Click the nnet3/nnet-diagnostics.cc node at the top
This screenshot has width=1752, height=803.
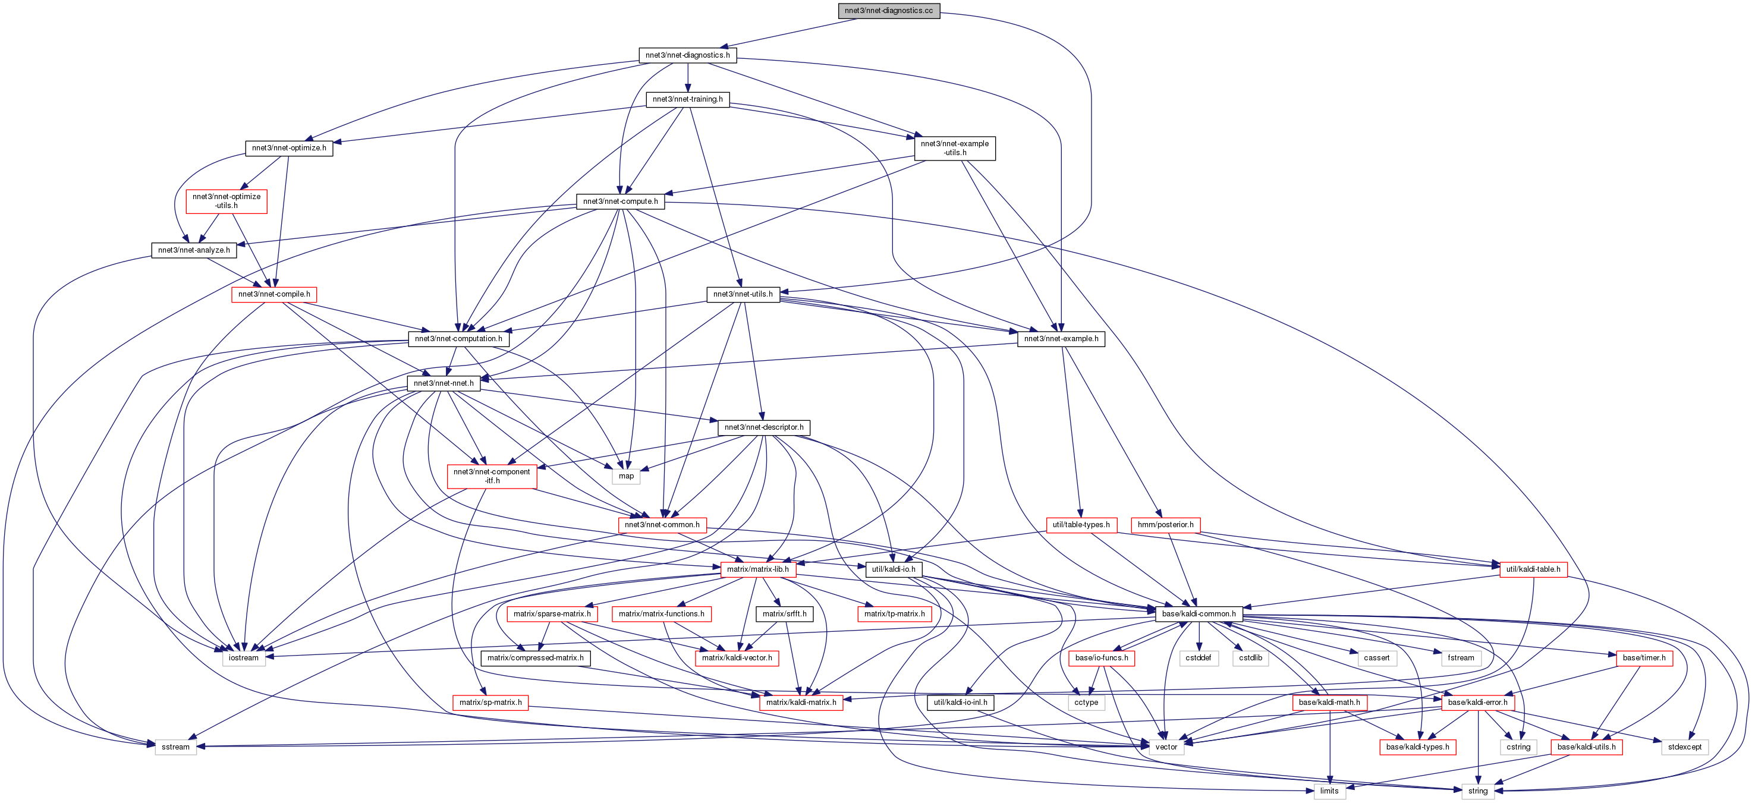(889, 11)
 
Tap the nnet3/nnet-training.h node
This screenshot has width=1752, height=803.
(688, 99)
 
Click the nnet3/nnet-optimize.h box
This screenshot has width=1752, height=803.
(288, 148)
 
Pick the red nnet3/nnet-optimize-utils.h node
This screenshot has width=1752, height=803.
(227, 201)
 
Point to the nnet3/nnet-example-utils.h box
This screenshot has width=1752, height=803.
(954, 148)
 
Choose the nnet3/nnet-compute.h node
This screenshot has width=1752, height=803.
(620, 202)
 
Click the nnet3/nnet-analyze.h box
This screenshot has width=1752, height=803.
(194, 250)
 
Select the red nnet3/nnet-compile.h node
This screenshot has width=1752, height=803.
(274, 294)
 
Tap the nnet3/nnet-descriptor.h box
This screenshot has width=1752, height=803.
(764, 428)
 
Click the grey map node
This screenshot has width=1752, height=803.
(625, 477)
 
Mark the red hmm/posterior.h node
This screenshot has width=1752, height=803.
(1165, 525)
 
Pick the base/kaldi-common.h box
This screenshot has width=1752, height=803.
(1199, 614)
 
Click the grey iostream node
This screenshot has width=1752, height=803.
(244, 658)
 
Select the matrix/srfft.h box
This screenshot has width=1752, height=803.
(784, 614)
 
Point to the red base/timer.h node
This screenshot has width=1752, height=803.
(1644, 658)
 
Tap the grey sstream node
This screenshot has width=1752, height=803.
(175, 747)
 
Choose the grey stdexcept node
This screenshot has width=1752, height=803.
(1684, 747)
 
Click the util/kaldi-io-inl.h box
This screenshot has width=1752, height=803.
(960, 703)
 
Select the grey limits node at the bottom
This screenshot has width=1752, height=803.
(1329, 792)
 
